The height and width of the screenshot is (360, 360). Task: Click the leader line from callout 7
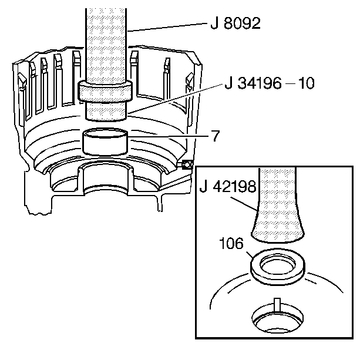tap(170, 137)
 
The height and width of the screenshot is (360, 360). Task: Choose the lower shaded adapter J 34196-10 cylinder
tap(106, 109)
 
